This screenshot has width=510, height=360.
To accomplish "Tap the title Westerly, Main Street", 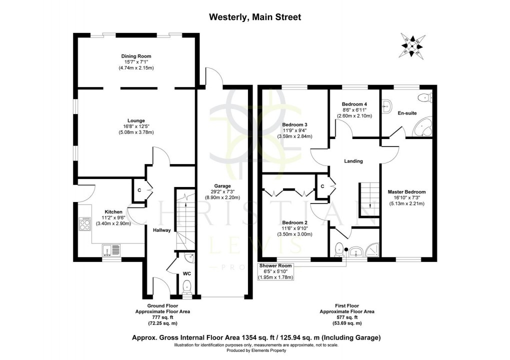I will [254, 17].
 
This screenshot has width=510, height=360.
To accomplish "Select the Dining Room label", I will [136, 56].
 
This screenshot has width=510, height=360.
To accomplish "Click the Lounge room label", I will [136, 120].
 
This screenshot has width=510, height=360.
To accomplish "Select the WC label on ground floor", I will [186, 273].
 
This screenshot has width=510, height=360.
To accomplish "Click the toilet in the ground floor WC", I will [187, 287].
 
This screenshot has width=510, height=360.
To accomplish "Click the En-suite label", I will [407, 113].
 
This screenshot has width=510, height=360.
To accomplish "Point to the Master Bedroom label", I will [406, 191].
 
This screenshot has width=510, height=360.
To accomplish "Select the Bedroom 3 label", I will [294, 124].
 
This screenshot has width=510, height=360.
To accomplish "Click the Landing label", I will [353, 161].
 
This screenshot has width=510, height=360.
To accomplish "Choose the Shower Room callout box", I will [275, 271].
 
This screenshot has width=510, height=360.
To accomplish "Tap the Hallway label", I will [162, 230].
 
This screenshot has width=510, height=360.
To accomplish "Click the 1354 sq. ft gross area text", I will [254, 338].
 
